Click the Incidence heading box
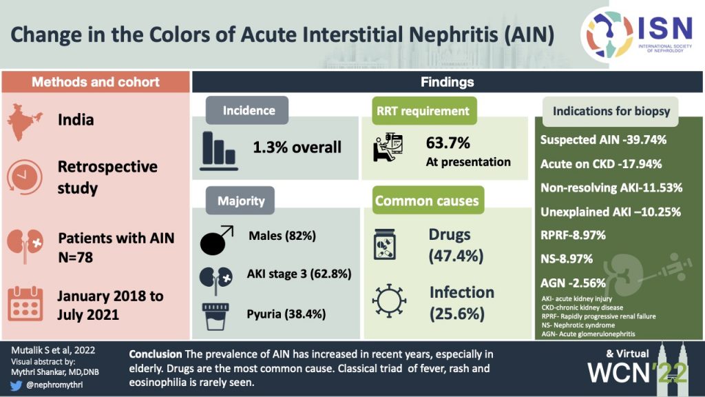[249, 110]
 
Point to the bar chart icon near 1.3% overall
[220, 147]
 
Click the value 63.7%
[448, 143]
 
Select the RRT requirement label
[423, 110]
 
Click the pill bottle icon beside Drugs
[389, 245]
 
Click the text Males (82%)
[282, 236]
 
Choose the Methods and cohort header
[96, 82]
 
